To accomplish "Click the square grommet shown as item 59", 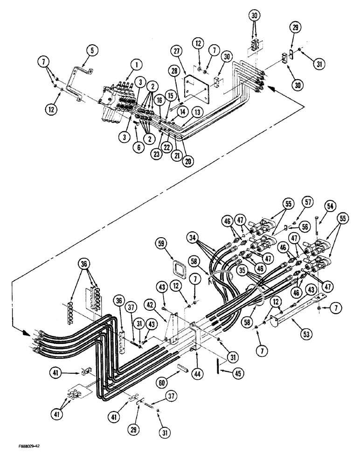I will click(x=177, y=268).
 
